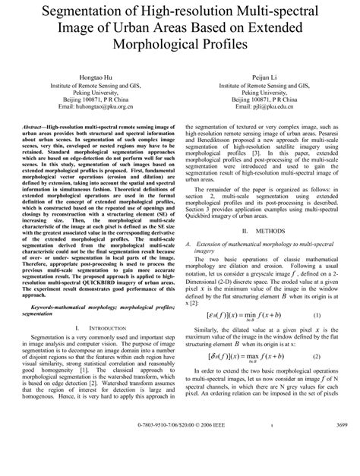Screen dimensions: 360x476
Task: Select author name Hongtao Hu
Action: (x=96, y=78)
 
